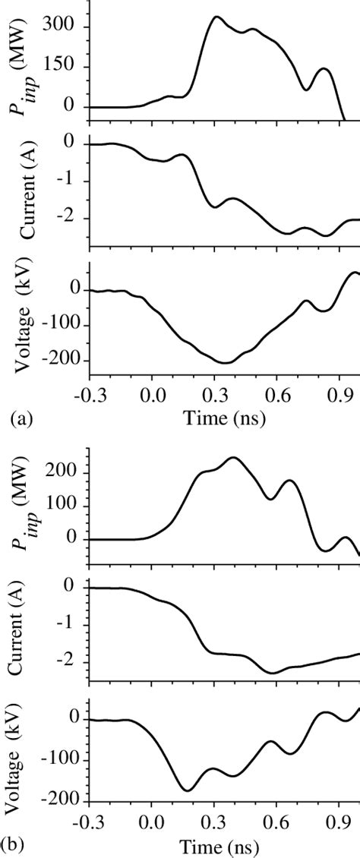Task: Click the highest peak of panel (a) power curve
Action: [217, 17]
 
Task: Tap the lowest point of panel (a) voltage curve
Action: [225, 362]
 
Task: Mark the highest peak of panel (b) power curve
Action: [233, 457]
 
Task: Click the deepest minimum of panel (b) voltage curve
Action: [187, 790]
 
